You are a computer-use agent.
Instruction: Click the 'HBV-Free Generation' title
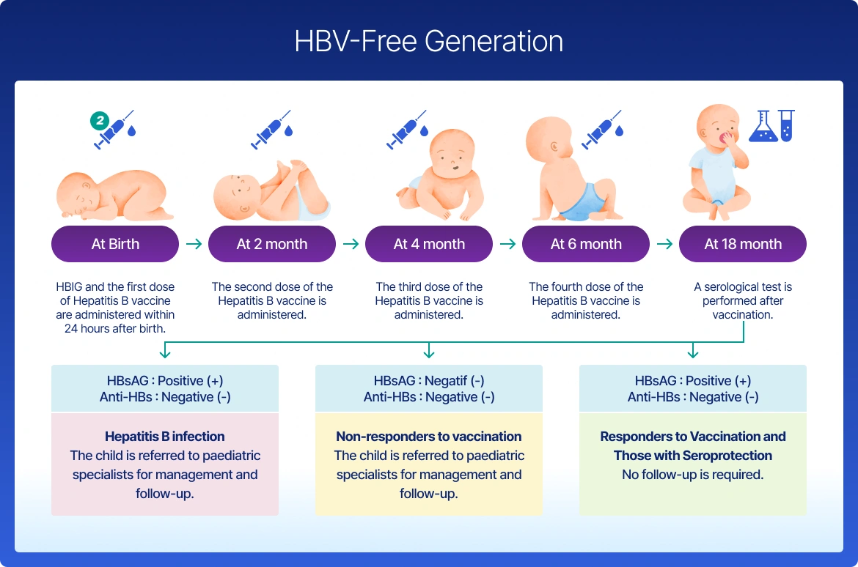(x=428, y=41)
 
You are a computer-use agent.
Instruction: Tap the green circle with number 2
(x=100, y=120)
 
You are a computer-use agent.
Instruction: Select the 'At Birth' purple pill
(x=115, y=244)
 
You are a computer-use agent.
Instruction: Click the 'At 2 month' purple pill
(x=272, y=244)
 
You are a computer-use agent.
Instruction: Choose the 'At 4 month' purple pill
(x=429, y=244)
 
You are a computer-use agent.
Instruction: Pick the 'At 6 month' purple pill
(x=586, y=244)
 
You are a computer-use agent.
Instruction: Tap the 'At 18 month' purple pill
(x=743, y=244)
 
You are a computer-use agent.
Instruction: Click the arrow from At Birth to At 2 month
(x=194, y=244)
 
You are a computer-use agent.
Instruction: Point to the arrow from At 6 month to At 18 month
(x=664, y=244)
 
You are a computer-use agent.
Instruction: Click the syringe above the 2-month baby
(x=271, y=130)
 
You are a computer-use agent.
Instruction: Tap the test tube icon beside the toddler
(x=787, y=126)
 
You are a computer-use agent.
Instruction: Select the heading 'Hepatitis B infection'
(x=165, y=437)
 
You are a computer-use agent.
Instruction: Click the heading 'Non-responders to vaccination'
(x=429, y=437)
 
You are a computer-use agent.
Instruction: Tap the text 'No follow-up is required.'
(x=693, y=475)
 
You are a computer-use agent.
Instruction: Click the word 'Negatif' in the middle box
(x=446, y=380)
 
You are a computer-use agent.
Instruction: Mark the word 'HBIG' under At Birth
(x=69, y=286)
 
